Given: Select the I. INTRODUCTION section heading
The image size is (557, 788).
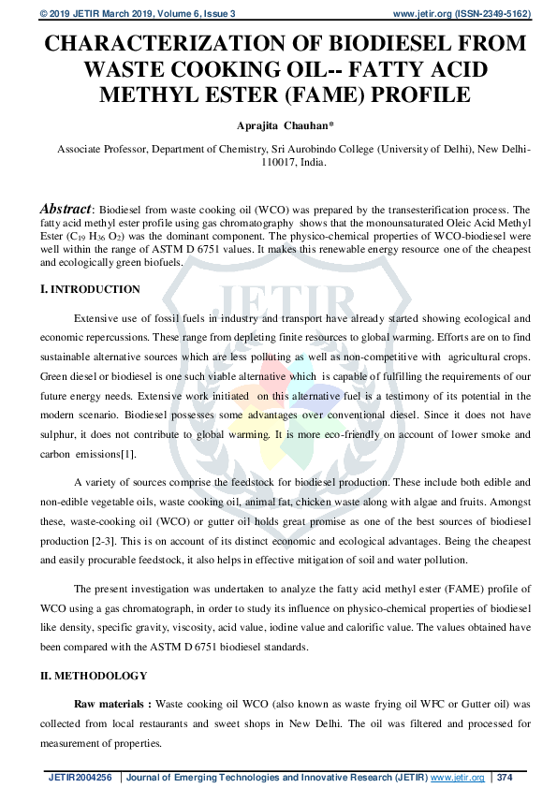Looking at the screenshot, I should pos(90,289).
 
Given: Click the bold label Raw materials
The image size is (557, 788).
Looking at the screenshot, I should pos(111,704).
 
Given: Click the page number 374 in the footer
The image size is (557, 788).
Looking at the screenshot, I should pos(505,777).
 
